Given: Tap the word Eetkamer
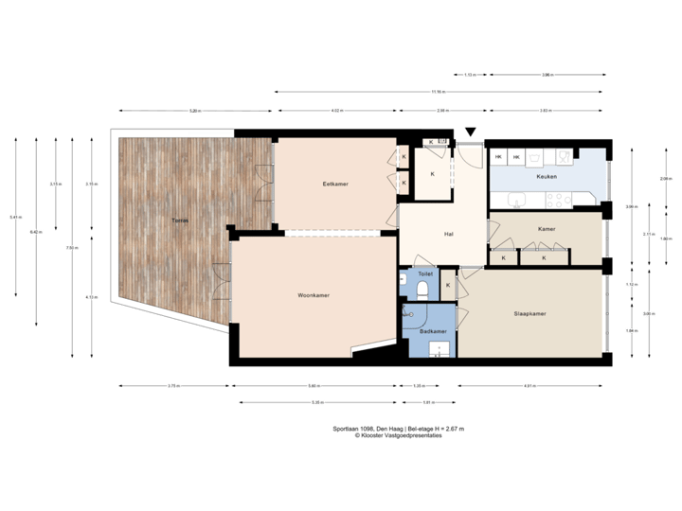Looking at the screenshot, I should click(336, 185).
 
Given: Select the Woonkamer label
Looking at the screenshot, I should click(313, 296).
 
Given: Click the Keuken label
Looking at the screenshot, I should click(546, 177).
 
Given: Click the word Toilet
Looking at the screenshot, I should click(424, 273).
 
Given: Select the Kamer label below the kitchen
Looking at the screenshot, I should click(546, 229).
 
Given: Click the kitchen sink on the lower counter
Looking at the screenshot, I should click(516, 198).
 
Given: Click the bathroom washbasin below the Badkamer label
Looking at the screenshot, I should click(437, 349).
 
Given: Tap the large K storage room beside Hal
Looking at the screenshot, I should click(432, 175).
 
